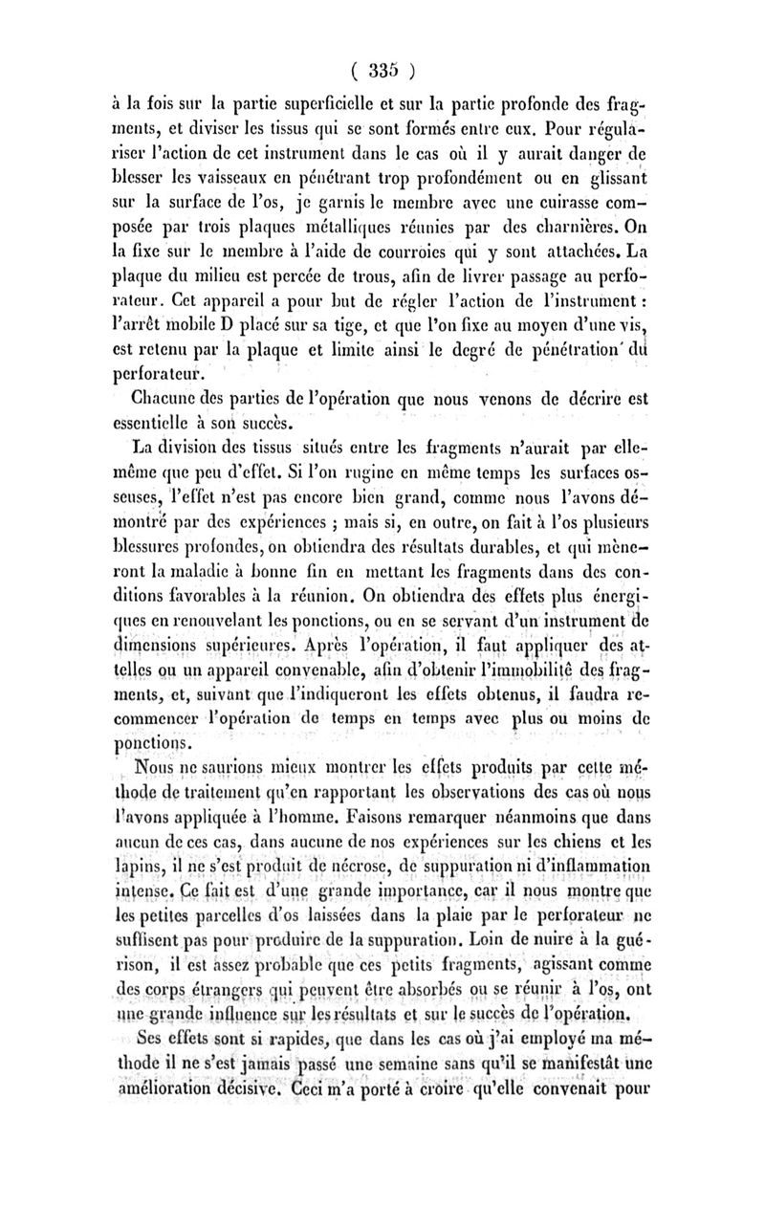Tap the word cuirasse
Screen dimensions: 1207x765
(571, 228)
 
